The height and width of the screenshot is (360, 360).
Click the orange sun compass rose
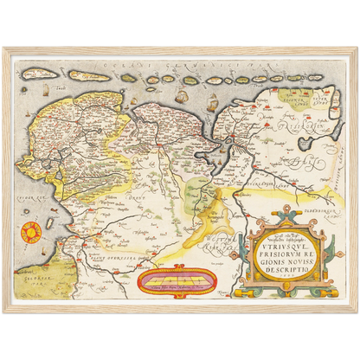[x=29, y=232]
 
